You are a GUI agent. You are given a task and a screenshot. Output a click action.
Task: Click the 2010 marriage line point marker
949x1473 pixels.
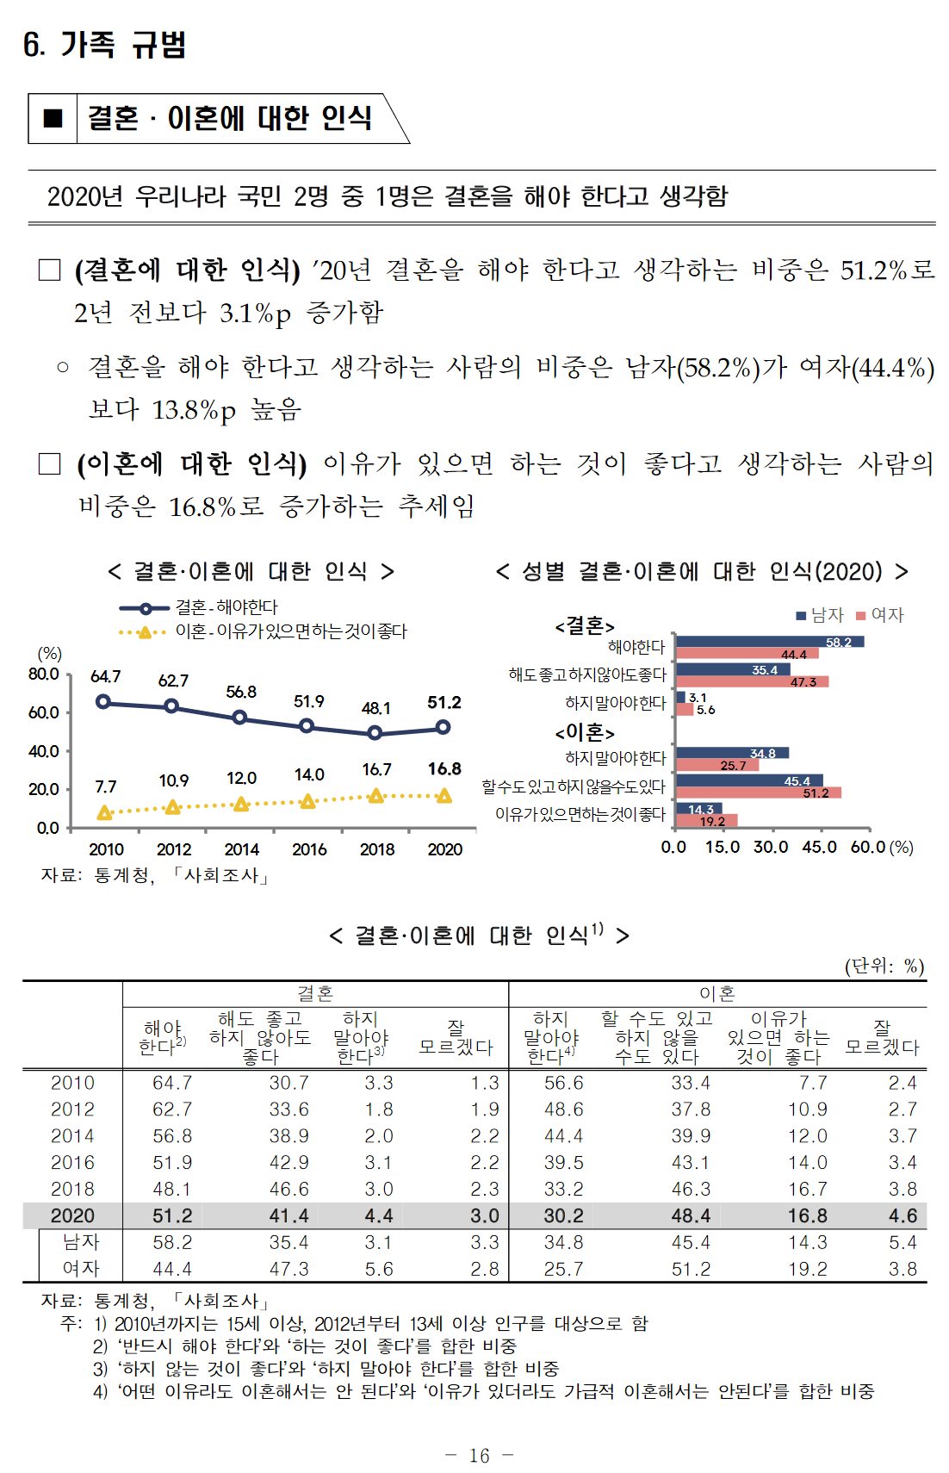point(103,701)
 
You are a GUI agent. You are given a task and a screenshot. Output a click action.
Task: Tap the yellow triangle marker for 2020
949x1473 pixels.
point(443,796)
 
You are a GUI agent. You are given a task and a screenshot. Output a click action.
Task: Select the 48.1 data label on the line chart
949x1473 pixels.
point(375,708)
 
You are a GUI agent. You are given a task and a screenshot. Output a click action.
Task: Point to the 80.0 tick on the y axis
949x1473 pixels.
point(44,674)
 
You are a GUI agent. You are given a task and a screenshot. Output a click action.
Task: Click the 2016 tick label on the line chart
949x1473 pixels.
point(309,849)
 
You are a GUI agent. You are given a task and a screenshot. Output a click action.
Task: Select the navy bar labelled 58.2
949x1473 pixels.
point(769,642)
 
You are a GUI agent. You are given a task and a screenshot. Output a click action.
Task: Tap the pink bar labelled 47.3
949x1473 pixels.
point(752,681)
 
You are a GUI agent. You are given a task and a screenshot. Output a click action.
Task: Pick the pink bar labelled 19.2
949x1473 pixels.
point(706,821)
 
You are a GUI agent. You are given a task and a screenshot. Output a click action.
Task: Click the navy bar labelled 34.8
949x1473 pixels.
point(732,753)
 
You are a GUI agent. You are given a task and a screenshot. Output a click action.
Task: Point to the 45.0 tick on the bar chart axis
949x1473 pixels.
point(819,847)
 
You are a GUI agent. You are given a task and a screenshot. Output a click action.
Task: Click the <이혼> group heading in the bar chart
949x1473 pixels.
point(585,733)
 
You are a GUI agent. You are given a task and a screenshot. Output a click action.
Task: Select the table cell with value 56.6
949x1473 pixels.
point(563,1083)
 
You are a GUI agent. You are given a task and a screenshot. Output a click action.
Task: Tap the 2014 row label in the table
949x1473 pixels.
point(72,1136)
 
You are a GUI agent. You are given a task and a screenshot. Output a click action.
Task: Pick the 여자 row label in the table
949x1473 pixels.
point(81,1269)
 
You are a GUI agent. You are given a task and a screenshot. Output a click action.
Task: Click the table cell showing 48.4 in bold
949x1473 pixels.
point(691,1215)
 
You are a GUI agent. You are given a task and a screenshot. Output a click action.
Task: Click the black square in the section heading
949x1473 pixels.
point(53,118)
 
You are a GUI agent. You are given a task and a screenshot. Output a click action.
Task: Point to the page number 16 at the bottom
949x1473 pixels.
point(479,1456)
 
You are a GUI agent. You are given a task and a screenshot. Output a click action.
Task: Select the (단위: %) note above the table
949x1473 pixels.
point(884,966)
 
